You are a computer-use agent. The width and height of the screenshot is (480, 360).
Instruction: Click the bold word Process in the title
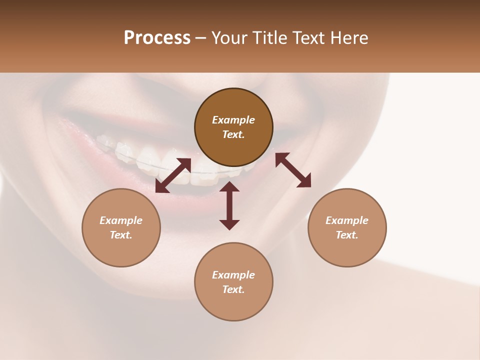tap(157, 38)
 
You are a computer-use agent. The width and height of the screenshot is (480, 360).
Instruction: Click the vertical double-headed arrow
tap(229, 206)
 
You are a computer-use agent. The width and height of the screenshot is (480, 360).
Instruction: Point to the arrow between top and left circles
tap(173, 175)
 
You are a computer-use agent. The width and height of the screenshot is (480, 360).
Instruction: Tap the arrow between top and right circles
tap(293, 170)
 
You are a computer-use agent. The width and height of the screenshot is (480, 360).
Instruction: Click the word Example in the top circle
tap(233, 120)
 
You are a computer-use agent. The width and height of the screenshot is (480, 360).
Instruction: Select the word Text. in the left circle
tap(121, 235)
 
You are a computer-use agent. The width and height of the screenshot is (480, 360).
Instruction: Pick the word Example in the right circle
tap(347, 220)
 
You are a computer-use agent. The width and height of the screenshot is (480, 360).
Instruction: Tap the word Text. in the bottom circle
tap(233, 289)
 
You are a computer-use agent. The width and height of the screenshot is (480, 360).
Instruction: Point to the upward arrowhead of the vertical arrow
tap(229, 187)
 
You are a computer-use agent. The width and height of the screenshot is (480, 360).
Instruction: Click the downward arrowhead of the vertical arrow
tap(229, 224)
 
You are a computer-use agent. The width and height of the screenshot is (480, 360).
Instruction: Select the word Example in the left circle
tap(121, 220)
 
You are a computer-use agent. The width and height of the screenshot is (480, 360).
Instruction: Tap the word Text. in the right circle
tap(347, 235)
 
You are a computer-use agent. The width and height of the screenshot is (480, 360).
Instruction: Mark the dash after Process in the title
tap(201, 38)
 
